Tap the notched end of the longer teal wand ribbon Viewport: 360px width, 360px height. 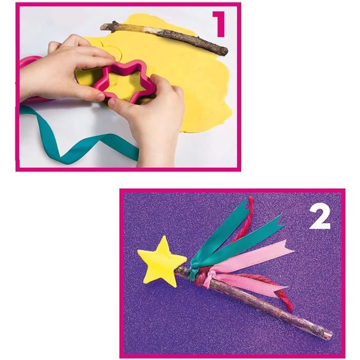pyautogui.click(x=280, y=221)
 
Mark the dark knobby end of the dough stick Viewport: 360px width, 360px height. pyautogui.click(x=221, y=50)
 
